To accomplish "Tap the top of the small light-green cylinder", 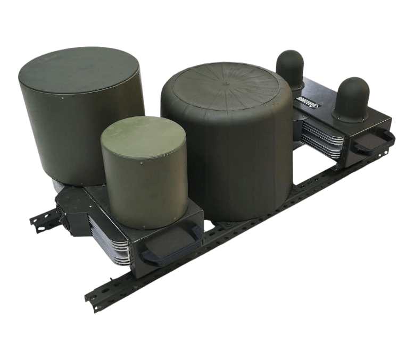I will (x=143, y=135).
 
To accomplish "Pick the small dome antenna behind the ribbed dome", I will (x=289, y=64).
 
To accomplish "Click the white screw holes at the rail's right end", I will (x=382, y=154).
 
